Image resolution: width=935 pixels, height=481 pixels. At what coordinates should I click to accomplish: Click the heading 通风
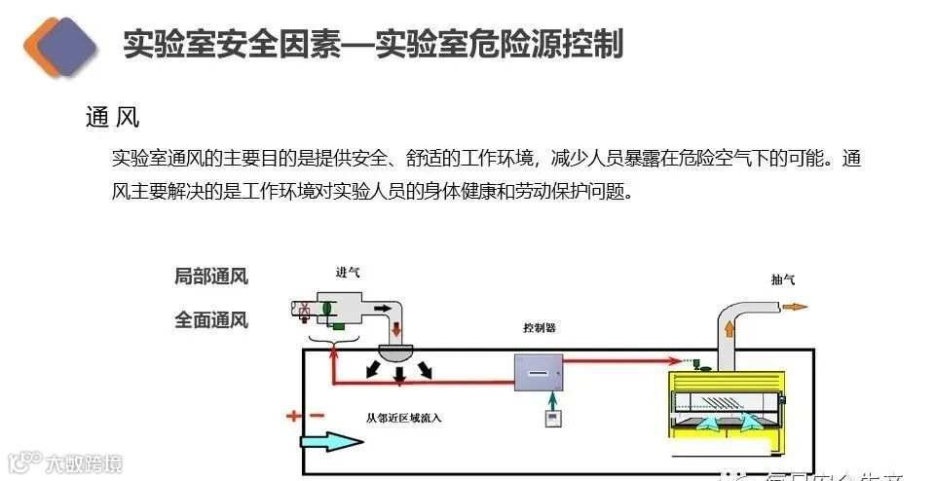click(112, 118)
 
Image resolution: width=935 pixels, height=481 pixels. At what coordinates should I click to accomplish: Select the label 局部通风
click(211, 277)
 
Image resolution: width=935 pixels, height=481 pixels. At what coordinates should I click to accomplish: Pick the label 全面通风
click(211, 319)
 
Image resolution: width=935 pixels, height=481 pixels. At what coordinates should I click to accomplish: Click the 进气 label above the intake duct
click(347, 273)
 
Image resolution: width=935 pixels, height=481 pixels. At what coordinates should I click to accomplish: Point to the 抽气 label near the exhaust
click(782, 279)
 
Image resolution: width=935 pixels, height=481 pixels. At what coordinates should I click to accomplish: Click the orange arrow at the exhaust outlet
click(795, 307)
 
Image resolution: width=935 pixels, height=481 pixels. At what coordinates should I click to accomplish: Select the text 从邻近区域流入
click(404, 419)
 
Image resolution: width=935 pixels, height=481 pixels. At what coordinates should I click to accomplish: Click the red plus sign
click(294, 417)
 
